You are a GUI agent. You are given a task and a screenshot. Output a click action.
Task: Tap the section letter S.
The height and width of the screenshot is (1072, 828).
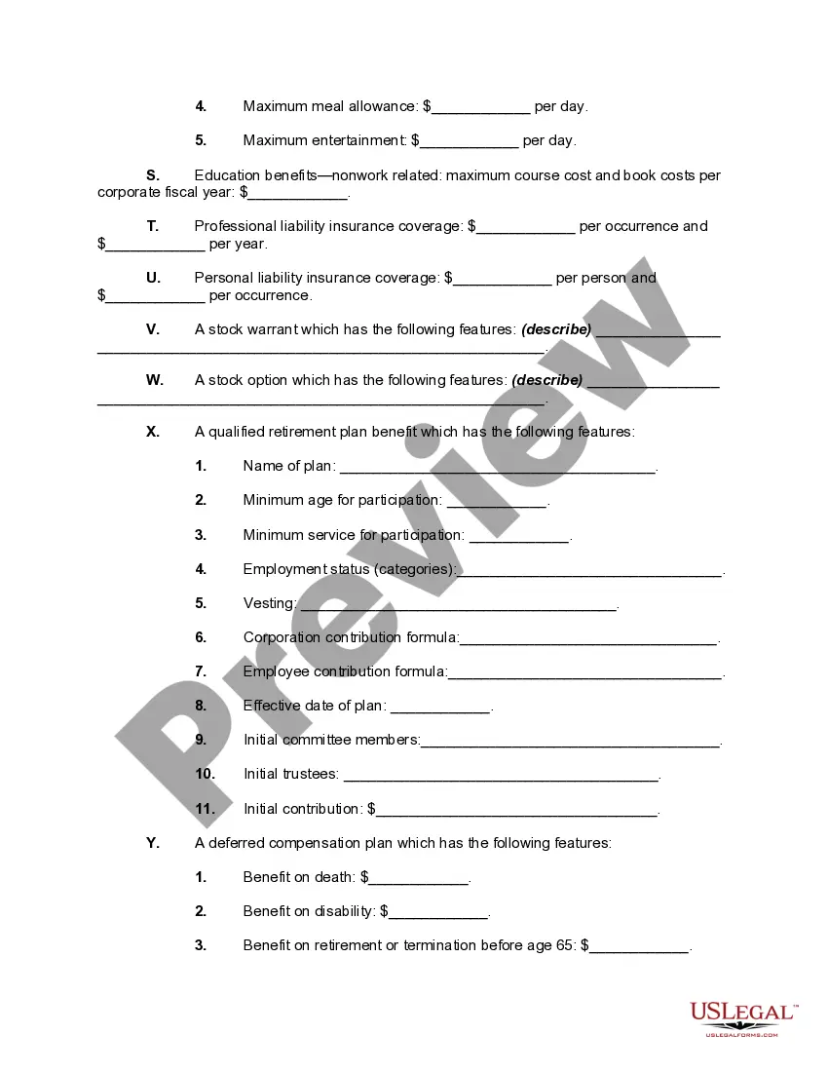[x=153, y=175]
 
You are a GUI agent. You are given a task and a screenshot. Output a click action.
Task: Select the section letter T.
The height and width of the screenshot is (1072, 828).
[x=153, y=226]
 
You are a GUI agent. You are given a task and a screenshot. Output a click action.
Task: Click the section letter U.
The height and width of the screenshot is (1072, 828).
[x=153, y=278]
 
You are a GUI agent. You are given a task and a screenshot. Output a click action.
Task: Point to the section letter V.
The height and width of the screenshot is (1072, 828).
[x=153, y=329]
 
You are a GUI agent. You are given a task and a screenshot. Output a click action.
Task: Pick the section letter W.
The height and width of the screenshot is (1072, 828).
[x=155, y=380]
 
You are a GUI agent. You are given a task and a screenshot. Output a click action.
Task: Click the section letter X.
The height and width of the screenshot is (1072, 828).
[x=153, y=432]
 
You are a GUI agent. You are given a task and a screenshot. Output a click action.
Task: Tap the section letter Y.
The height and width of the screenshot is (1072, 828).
[x=153, y=843]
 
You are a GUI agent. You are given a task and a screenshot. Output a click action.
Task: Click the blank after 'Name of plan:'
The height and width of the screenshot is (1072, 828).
[x=497, y=468]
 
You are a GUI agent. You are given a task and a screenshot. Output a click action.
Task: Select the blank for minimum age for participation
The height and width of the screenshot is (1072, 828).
[x=496, y=502]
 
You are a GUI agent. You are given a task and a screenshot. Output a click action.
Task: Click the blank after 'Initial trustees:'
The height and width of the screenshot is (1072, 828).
[x=501, y=776]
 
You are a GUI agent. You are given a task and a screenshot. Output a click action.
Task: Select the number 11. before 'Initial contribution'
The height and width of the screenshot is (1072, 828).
[x=205, y=809]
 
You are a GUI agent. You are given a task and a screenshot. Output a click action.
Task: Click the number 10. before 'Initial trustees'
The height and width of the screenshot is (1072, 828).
[x=205, y=774]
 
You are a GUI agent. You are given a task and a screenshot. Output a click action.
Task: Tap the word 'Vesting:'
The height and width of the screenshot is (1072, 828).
[x=270, y=603]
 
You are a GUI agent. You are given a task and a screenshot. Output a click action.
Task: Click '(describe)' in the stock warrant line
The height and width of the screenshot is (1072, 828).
[x=556, y=329]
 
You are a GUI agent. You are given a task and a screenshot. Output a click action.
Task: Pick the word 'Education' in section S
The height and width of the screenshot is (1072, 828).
[x=226, y=175]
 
